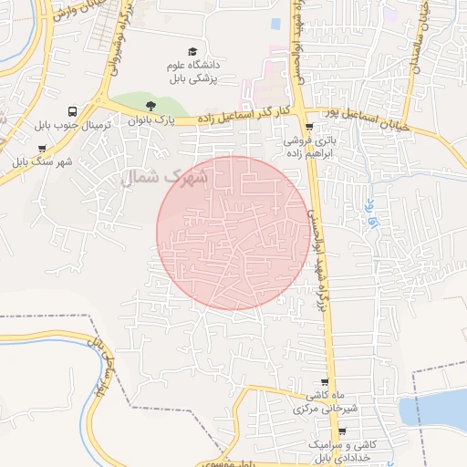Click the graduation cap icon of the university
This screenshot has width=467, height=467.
click(192, 51)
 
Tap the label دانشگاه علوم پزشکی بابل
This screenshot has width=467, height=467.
click(192, 71)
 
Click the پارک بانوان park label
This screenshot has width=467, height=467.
click(150, 119)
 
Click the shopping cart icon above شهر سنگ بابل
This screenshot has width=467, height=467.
click(42, 148)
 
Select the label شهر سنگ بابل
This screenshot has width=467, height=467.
click(42, 162)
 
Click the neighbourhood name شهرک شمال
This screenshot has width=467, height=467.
click(165, 178)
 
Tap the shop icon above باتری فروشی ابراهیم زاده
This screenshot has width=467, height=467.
click(310, 128)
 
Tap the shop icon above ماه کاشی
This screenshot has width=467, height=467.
click(325, 382)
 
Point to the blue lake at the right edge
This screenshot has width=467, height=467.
click(436, 411)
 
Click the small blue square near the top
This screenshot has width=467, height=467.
click(275, 23)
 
